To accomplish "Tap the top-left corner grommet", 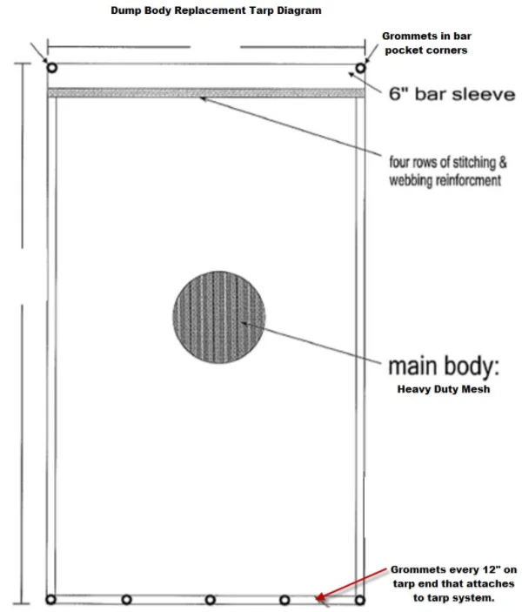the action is [51, 68].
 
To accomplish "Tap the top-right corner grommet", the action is [359, 68].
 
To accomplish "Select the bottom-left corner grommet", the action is [51, 600].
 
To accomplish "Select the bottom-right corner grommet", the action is [359, 600].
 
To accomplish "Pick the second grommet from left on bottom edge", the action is [127, 600].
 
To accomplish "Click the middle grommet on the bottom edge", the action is [210, 600].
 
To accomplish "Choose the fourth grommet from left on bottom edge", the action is [284, 600].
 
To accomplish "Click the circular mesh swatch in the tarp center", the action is [218, 315].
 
